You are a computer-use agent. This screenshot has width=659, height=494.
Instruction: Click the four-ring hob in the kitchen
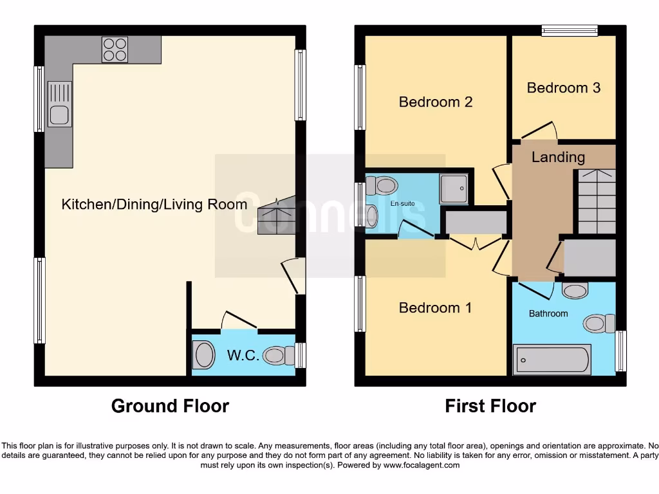[x=115, y=50]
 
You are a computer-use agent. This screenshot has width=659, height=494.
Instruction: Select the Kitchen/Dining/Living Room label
[x=154, y=205]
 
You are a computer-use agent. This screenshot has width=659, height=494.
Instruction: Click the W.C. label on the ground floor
[x=243, y=355]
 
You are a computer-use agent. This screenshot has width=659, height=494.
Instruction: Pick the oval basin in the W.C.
[x=204, y=355]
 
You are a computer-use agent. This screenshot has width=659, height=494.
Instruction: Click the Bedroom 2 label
[x=436, y=102]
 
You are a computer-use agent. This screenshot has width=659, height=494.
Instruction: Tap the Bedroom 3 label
[x=563, y=87]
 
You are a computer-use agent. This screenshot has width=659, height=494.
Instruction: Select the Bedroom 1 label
[x=435, y=307]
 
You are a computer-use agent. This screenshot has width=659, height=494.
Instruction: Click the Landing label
[x=558, y=157]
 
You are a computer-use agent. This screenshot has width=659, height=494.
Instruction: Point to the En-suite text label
[x=402, y=204]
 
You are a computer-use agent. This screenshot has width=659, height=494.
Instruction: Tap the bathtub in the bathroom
[x=552, y=360]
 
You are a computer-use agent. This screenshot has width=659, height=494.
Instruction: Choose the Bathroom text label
[x=548, y=313]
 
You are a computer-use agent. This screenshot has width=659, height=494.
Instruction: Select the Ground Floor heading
[x=170, y=406]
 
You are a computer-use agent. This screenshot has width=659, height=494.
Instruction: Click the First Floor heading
[x=490, y=406]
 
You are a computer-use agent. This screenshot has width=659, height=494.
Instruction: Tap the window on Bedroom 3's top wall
[x=569, y=30]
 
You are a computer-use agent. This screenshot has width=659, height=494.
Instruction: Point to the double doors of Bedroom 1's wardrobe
[x=476, y=243]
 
